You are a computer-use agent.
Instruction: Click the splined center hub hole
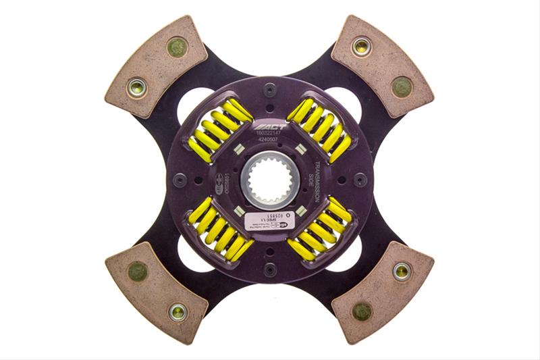click(x=269, y=180)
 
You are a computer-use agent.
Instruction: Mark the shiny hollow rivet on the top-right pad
click(x=360, y=47)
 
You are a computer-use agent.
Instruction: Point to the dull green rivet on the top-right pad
click(x=401, y=86)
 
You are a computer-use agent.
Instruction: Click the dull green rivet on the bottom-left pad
click(x=138, y=272)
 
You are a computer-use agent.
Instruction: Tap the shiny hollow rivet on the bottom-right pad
click(x=402, y=271)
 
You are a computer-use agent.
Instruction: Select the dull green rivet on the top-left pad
click(x=178, y=47)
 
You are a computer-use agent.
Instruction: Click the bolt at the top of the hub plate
click(x=270, y=88)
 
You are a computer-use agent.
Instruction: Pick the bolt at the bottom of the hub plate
click(x=270, y=272)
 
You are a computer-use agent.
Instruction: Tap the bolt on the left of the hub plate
click(x=179, y=180)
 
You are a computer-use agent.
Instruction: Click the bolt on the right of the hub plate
click(x=361, y=180)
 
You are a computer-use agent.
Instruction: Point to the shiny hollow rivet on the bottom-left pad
click(x=178, y=311)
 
